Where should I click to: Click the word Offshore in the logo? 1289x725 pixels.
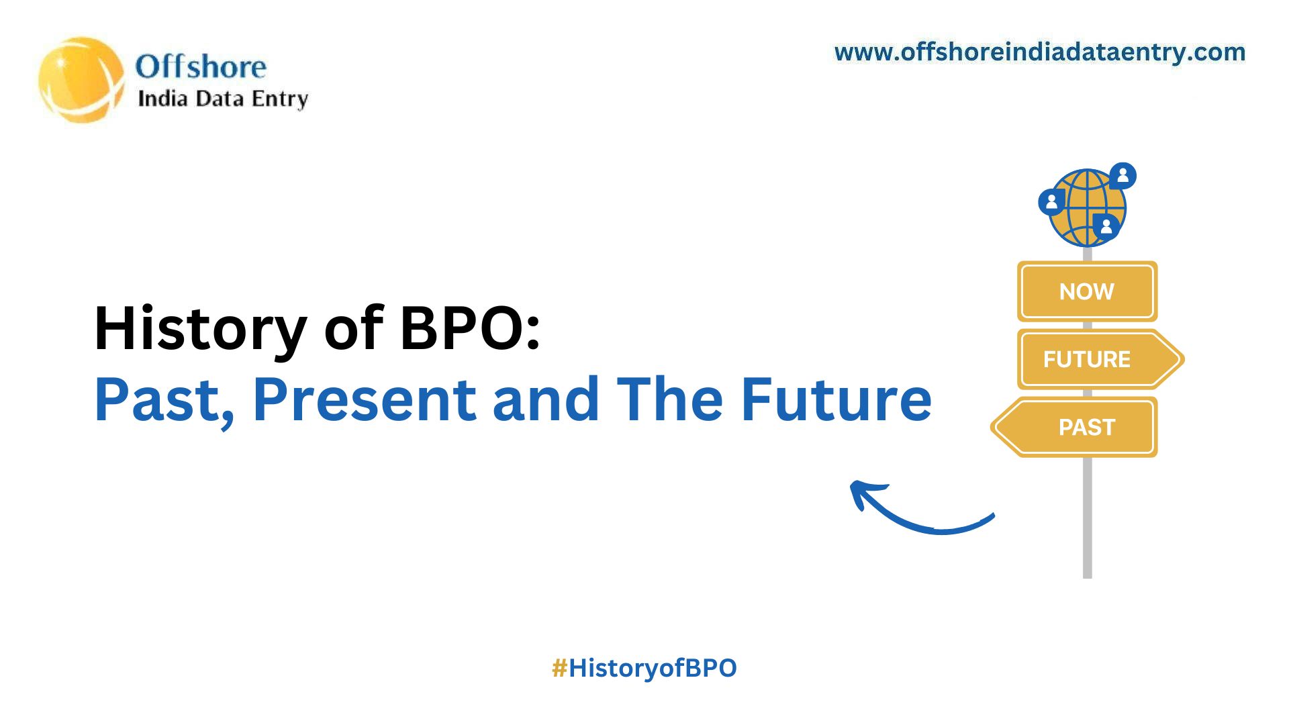pyautogui.click(x=201, y=67)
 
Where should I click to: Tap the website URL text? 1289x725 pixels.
pyautogui.click(x=1039, y=52)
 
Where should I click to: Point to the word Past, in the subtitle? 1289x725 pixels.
pyautogui.click(x=164, y=401)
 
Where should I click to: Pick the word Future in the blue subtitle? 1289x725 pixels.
pyautogui.click(x=836, y=401)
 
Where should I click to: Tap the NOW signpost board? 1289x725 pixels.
pyautogui.click(x=1087, y=291)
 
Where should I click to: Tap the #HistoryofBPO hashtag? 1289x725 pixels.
pyautogui.click(x=644, y=668)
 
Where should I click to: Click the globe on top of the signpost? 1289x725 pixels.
pyautogui.click(x=1086, y=207)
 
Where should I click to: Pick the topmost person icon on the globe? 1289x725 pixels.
pyautogui.click(x=1123, y=176)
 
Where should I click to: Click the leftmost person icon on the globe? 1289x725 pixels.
pyautogui.click(x=1051, y=201)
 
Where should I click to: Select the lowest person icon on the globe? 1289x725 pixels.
pyautogui.click(x=1106, y=226)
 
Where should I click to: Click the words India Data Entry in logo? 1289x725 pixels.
pyautogui.click(x=222, y=99)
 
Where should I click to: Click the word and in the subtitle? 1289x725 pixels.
pyautogui.click(x=546, y=401)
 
